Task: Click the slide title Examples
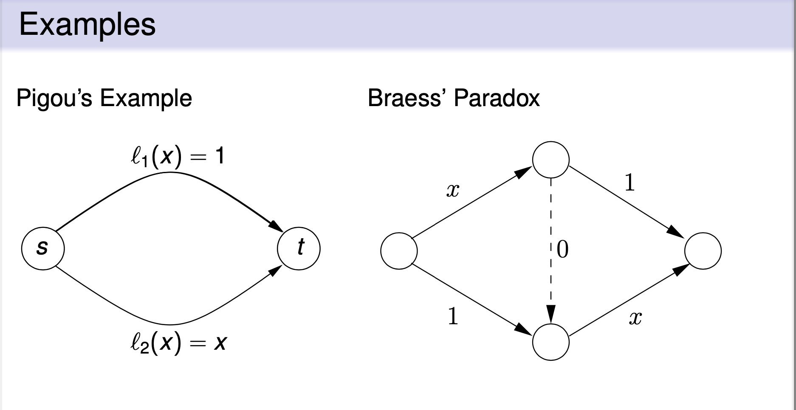point(87,25)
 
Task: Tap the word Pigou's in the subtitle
point(54,98)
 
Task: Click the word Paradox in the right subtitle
point(497,98)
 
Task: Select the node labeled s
point(43,248)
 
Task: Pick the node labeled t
point(299,248)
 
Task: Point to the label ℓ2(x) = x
point(178,342)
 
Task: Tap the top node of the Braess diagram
point(551,160)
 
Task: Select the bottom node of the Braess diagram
point(551,342)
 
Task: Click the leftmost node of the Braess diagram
point(399,251)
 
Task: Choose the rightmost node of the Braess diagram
point(703,251)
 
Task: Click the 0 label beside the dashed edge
point(562,250)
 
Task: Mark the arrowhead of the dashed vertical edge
point(551,315)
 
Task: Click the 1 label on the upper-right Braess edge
point(629,183)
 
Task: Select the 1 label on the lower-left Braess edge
point(453,316)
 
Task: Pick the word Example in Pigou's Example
point(146,98)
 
